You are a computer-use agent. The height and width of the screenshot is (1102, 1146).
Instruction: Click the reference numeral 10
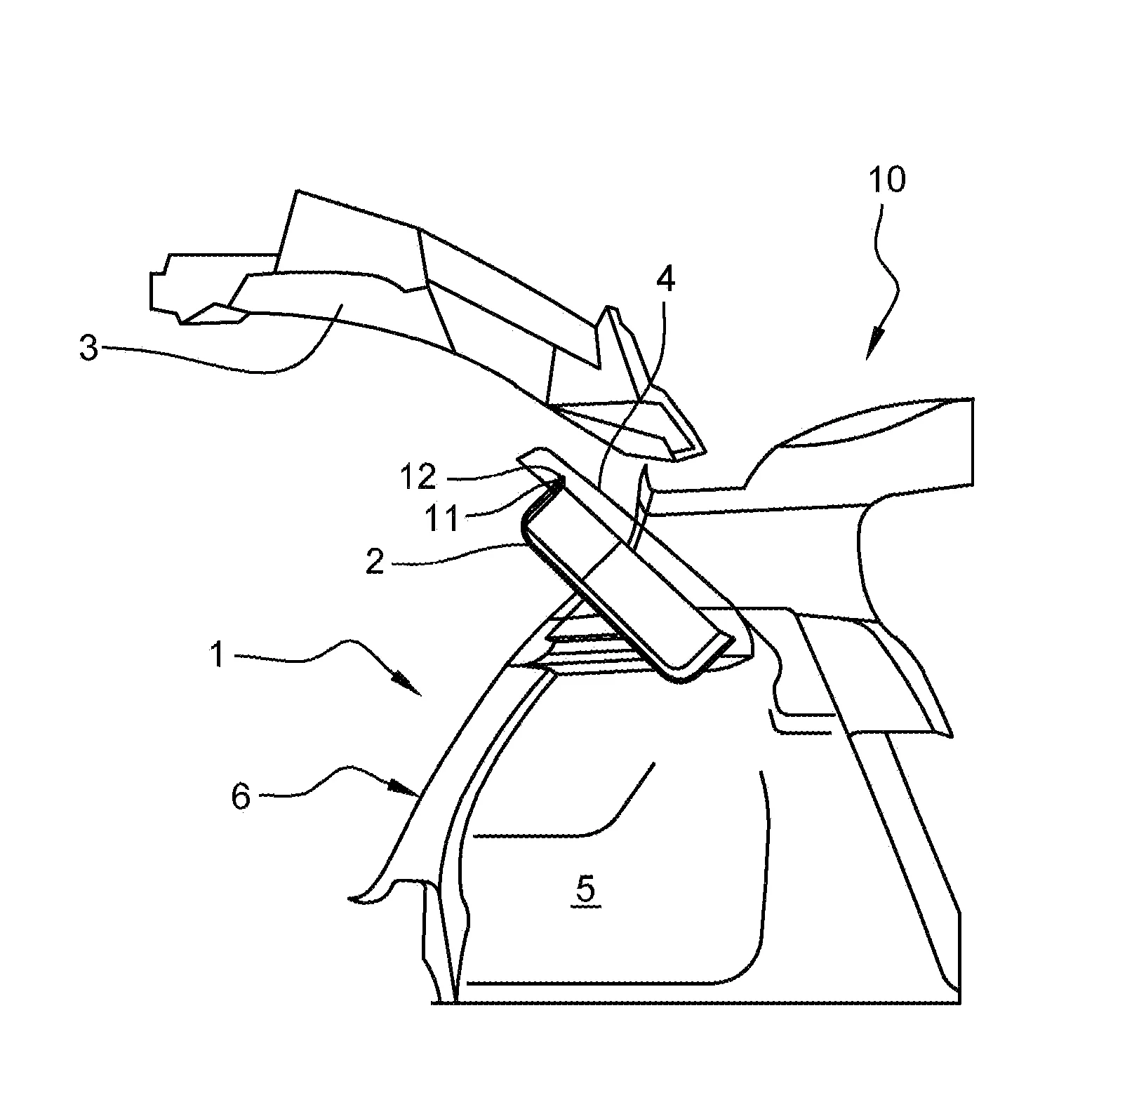[x=887, y=180]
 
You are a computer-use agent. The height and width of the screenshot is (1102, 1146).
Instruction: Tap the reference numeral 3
[x=88, y=349]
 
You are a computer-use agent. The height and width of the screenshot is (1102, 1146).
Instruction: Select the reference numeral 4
[x=665, y=281]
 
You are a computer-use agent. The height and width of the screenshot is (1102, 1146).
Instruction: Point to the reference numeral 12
[x=419, y=478]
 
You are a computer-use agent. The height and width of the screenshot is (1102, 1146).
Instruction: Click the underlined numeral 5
[x=585, y=890]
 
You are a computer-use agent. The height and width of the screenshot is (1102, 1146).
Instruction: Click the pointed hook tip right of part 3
[x=703, y=450]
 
